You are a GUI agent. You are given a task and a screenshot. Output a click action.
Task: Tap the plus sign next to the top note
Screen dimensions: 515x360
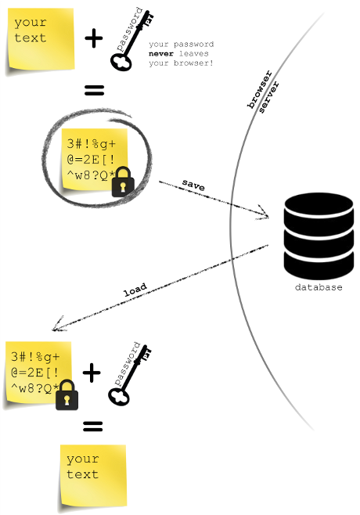(x=94, y=38)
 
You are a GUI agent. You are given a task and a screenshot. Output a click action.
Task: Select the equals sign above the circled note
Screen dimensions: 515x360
(x=94, y=92)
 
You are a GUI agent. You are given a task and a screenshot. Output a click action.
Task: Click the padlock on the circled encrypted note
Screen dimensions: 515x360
(x=121, y=183)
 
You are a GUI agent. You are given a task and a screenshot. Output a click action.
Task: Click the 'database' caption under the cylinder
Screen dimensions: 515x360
(x=318, y=287)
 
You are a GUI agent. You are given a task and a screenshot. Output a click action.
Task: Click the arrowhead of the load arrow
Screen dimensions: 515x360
(x=53, y=329)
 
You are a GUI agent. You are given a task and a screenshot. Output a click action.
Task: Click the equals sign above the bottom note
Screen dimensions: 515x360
(x=94, y=427)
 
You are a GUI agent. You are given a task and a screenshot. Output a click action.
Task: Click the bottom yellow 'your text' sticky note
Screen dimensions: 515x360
(x=92, y=473)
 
